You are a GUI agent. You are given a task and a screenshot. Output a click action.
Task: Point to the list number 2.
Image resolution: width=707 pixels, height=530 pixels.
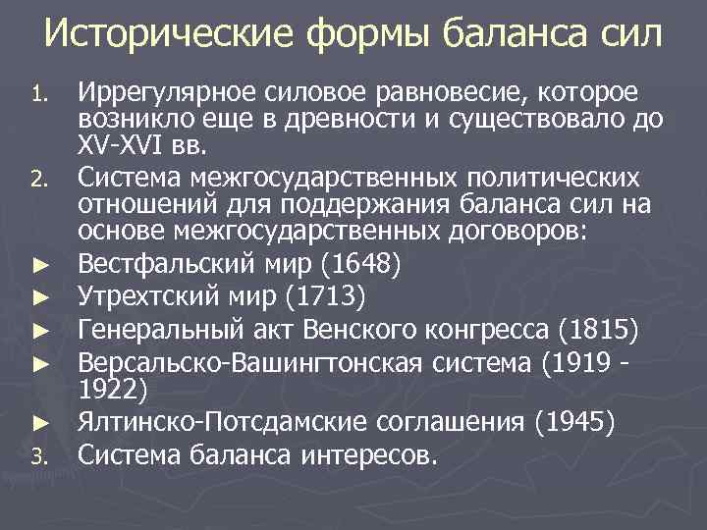point(38,180)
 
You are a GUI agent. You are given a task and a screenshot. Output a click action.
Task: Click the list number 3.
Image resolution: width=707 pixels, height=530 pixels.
point(38,455)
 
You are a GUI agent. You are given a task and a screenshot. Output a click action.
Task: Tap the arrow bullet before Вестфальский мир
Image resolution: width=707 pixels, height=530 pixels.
point(38,265)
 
